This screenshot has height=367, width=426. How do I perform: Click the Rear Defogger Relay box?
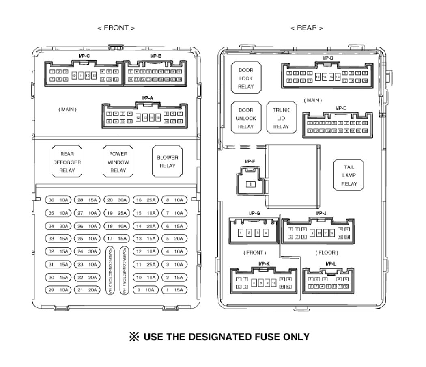pyautogui.click(x=67, y=162)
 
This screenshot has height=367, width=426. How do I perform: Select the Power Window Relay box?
pyautogui.click(x=118, y=162)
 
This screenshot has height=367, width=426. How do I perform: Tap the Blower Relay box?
pyautogui.click(x=167, y=162)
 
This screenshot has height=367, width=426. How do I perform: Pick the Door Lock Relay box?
pyautogui.click(x=245, y=78)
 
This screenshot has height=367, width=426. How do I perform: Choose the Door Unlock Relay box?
pyautogui.click(x=245, y=118)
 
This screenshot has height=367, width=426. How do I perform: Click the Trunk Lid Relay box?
pyautogui.click(x=281, y=118)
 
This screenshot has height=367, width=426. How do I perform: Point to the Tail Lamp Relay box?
pyautogui.click(x=349, y=175)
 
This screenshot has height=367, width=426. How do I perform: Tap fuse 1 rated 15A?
pyautogui.click(x=174, y=290)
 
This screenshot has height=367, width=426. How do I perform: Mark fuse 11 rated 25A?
pyautogui.click(x=146, y=264)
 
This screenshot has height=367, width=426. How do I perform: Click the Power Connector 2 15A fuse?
pyautogui.click(x=110, y=270)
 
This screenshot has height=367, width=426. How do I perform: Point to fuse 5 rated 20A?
pyautogui.click(x=174, y=239)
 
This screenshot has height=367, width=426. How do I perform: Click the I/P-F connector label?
pyautogui.click(x=250, y=162)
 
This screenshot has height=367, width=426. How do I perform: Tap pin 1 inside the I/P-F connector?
pyautogui.click(x=251, y=184)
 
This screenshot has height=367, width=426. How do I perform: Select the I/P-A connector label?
pyautogui.click(x=148, y=98)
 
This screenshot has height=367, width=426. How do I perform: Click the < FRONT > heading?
pyautogui.click(x=116, y=28)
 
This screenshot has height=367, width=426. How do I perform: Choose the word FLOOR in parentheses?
pyautogui.click(x=327, y=253)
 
